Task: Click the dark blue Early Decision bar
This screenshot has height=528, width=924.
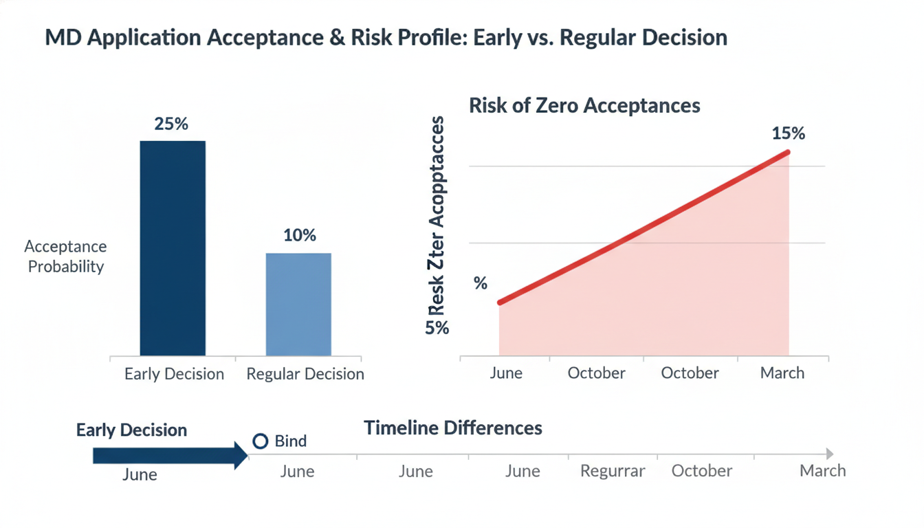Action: [173, 248]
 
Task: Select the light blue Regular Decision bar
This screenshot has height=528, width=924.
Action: [298, 304]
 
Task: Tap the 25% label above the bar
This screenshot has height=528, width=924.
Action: [172, 124]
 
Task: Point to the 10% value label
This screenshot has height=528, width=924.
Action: [300, 236]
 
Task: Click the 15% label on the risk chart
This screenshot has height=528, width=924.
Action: [788, 133]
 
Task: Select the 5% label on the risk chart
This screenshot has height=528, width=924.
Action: [437, 328]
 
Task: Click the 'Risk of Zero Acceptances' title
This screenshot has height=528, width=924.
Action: [584, 105]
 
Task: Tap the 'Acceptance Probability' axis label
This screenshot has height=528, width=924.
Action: [65, 256]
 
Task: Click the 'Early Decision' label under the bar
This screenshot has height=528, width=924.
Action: [174, 374]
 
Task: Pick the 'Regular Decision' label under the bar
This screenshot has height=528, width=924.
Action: [305, 374]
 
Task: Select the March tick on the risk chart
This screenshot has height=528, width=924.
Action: [782, 373]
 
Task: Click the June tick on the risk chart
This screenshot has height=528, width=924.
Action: [506, 373]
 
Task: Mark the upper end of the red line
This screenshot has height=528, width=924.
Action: [787, 153]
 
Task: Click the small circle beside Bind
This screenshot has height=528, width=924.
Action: [260, 441]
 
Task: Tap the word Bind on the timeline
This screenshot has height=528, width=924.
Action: [290, 441]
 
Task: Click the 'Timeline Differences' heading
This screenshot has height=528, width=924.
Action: [452, 428]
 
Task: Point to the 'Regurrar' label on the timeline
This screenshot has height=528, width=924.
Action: [613, 471]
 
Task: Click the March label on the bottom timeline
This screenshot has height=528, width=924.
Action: [822, 471]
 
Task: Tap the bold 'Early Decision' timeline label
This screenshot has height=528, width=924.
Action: [131, 430]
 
